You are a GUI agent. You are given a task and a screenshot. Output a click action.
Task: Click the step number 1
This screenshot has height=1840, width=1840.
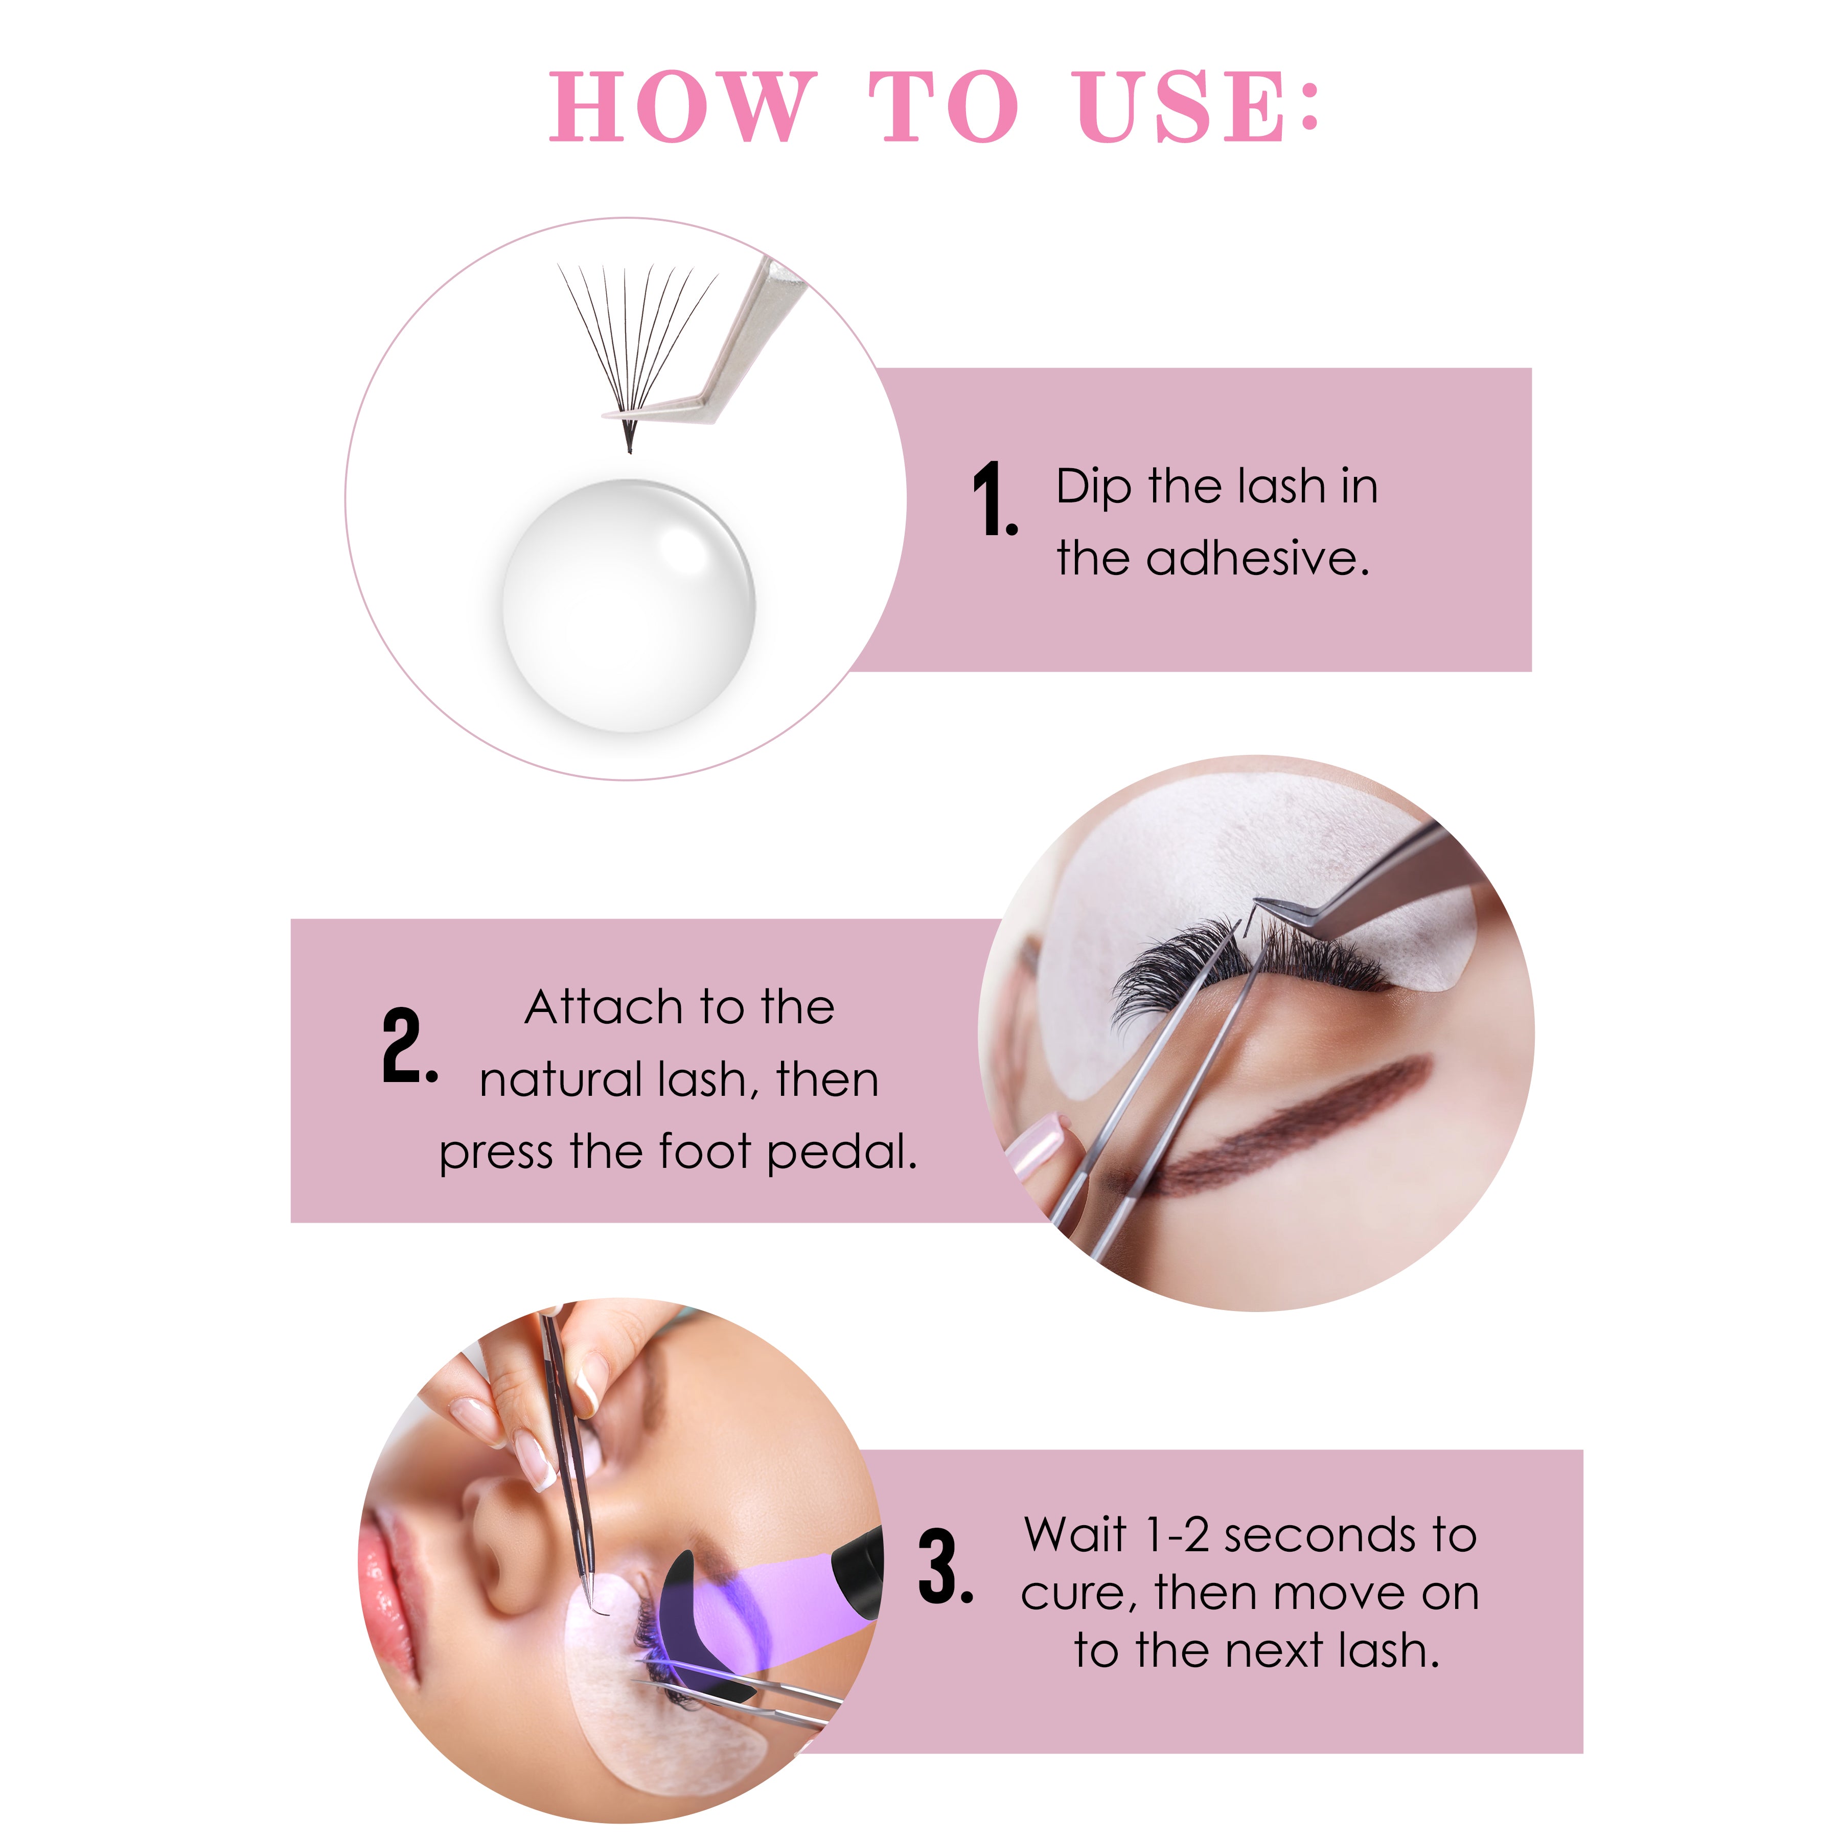[x=994, y=498]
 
